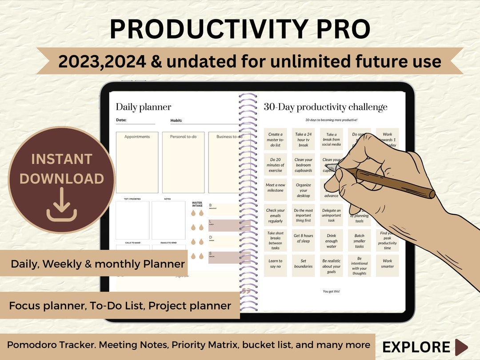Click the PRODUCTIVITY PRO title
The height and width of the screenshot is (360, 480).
click(240, 29)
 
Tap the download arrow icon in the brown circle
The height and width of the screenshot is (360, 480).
click(62, 204)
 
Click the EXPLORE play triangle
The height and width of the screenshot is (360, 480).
click(461, 347)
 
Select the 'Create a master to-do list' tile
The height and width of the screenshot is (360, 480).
click(275, 140)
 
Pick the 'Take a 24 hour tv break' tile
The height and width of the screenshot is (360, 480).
click(303, 140)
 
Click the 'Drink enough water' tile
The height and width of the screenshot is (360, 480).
click(331, 240)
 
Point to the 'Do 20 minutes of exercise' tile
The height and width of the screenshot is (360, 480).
click(275, 165)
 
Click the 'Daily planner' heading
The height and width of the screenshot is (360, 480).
click(143, 107)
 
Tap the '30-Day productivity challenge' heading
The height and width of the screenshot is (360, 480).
click(325, 107)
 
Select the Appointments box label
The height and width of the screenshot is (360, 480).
click(137, 137)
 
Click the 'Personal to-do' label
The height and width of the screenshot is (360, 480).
click(183, 137)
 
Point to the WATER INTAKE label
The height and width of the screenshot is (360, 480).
click(197, 204)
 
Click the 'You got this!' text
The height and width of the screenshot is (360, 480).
click(331, 291)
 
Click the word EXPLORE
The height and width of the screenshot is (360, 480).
click(416, 347)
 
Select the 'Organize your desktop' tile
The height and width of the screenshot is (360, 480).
click(303, 190)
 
